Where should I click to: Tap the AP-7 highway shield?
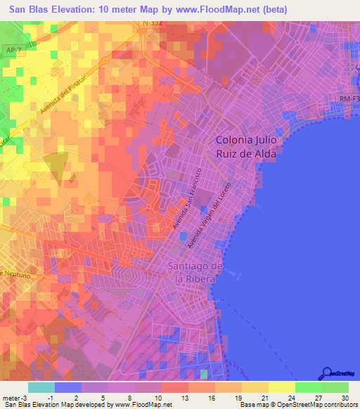[10, 51]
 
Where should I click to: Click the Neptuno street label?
[15, 273]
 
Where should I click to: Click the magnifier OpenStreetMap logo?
[326, 373]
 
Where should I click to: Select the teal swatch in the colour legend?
[41, 387]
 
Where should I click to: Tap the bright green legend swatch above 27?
[309, 387]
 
